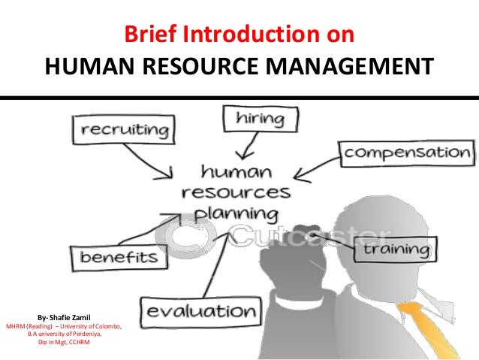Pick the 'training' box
(x=397, y=248)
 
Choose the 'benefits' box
(x=119, y=258)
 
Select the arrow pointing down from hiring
(x=242, y=142)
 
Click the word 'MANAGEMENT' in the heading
(x=356, y=68)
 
